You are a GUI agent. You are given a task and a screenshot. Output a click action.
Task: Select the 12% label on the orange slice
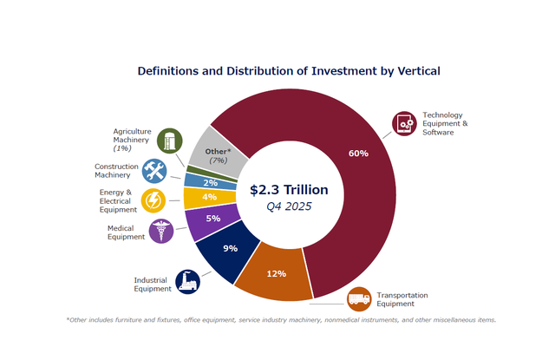(x=276, y=273)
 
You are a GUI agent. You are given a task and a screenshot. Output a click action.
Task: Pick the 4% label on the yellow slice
(x=209, y=198)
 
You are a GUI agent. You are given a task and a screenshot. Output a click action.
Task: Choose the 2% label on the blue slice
(x=211, y=182)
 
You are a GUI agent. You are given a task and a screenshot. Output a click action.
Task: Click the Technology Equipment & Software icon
(x=403, y=124)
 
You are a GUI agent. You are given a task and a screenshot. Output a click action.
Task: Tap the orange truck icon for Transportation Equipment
(x=359, y=300)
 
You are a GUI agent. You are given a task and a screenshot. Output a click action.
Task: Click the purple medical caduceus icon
(x=160, y=231)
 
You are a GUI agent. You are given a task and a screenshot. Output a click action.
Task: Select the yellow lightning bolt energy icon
(x=153, y=200)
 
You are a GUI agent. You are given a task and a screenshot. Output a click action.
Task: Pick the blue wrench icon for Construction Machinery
(x=153, y=170)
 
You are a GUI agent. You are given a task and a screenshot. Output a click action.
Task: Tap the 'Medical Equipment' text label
(x=126, y=232)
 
